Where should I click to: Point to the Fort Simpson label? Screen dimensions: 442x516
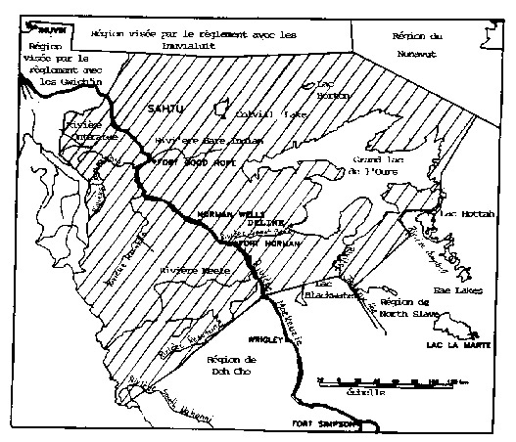point(320,423)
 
